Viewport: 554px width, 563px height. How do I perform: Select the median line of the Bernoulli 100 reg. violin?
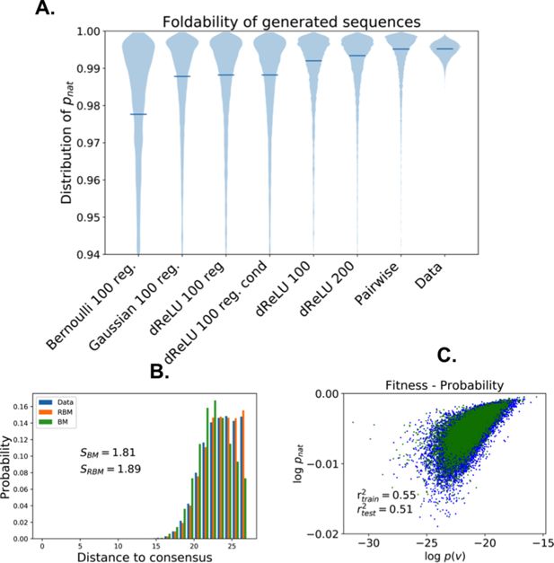[x=138, y=114]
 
